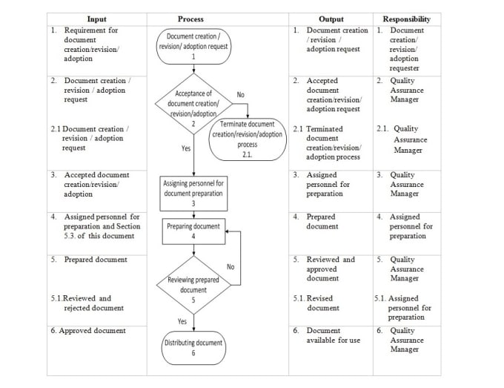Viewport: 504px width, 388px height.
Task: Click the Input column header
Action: point(97,19)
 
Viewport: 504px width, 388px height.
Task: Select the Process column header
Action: point(190,19)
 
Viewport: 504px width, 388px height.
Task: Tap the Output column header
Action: point(331,19)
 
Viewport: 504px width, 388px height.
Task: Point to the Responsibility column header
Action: point(407,19)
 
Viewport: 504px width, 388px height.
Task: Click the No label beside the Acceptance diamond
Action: point(240,94)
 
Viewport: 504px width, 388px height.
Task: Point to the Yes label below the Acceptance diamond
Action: point(186,148)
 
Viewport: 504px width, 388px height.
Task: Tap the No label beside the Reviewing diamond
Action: point(231,267)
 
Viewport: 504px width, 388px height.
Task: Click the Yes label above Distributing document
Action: point(182,321)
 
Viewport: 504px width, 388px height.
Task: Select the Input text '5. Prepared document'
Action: point(89,260)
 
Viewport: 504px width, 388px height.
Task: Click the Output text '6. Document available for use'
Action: point(327,335)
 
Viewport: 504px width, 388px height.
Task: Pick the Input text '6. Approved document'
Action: point(88,331)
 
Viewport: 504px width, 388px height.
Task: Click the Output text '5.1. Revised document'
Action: point(316,303)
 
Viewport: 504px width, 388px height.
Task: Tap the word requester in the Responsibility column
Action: point(405,68)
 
